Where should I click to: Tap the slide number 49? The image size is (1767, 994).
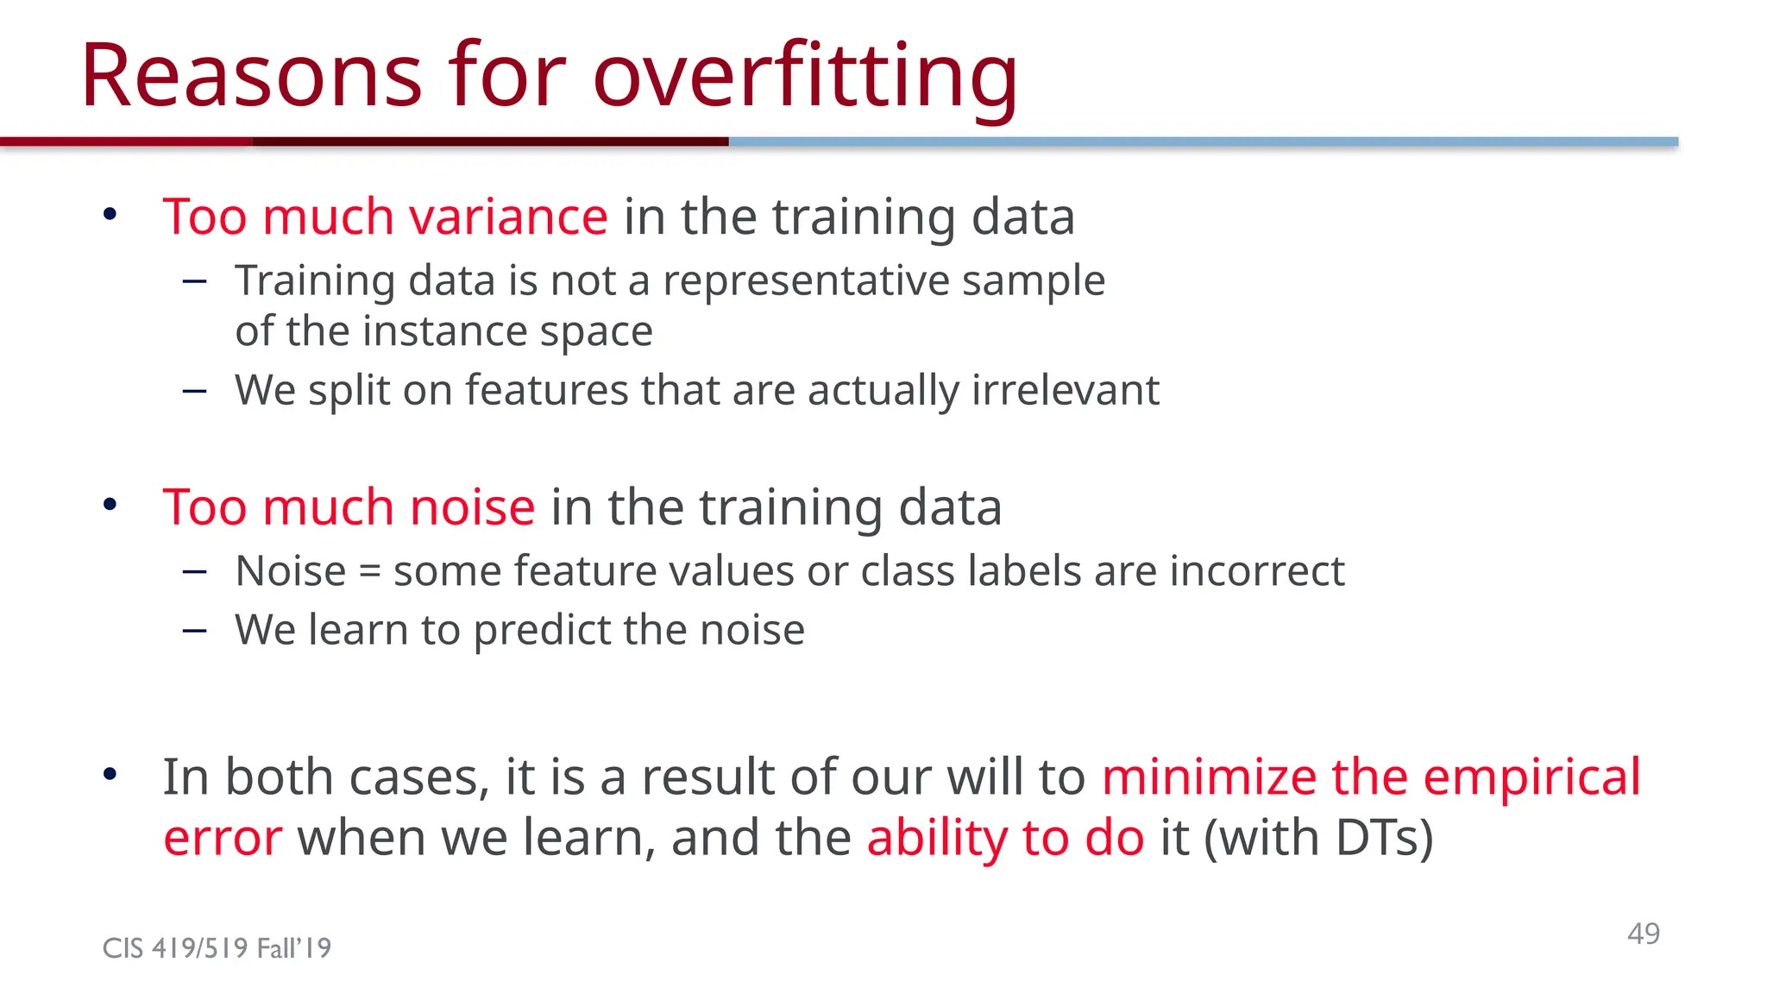(1643, 934)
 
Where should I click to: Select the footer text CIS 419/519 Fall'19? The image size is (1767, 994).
(217, 948)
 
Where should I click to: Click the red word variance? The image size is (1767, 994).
(508, 217)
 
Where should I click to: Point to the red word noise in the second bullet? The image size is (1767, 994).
(472, 507)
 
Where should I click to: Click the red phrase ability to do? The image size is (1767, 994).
(1005, 838)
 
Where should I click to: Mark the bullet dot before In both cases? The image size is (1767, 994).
(110, 774)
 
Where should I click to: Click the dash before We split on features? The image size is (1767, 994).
(195, 391)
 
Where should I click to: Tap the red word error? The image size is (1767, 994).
(222, 840)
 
